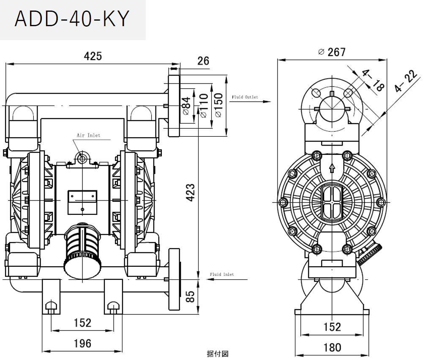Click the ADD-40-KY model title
click(x=71, y=19)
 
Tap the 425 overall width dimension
click(x=93, y=57)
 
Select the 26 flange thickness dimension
click(x=203, y=61)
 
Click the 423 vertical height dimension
click(x=191, y=192)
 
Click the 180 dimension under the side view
click(x=332, y=347)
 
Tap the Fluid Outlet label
click(x=245, y=97)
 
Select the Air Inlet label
click(x=88, y=135)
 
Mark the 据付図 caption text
click(x=217, y=354)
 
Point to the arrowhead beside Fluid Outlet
click(x=267, y=101)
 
